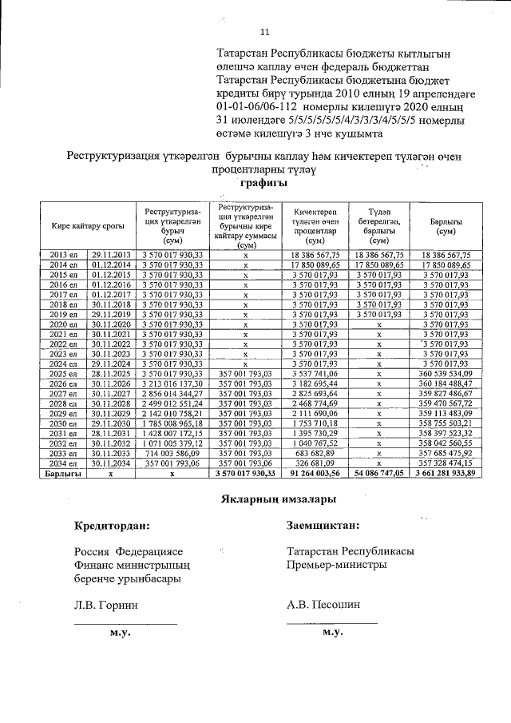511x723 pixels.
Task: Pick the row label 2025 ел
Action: (x=62, y=373)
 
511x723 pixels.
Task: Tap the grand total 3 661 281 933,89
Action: (x=445, y=473)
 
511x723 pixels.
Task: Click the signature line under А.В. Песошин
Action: (x=331, y=623)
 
